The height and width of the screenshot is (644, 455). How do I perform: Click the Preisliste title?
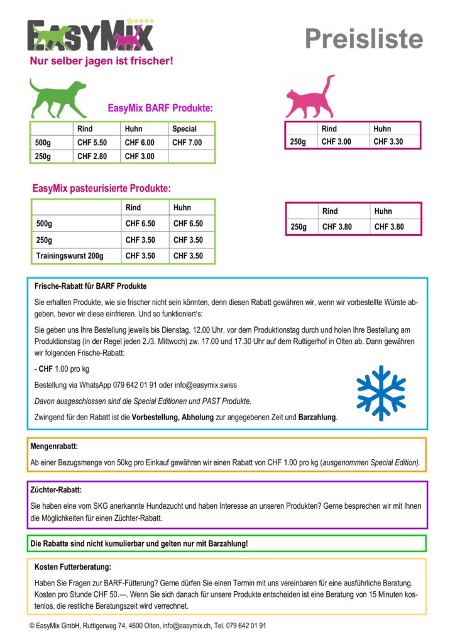click(x=364, y=38)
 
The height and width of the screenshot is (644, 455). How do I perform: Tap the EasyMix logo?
click(x=90, y=36)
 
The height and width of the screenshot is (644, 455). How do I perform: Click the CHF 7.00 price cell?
click(x=187, y=143)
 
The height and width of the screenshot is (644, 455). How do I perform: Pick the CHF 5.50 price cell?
click(x=92, y=143)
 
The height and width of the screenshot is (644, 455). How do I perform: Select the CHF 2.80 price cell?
click(x=92, y=156)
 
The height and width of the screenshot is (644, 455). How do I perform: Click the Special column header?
click(x=184, y=129)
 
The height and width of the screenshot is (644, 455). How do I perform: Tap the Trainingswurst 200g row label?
click(x=70, y=256)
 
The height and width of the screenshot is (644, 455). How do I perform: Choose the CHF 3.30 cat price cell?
click(x=388, y=142)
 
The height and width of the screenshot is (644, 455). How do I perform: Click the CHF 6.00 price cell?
click(x=140, y=143)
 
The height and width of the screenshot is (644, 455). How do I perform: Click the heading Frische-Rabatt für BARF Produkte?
click(x=90, y=287)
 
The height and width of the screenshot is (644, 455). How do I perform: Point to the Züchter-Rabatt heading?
click(x=56, y=489)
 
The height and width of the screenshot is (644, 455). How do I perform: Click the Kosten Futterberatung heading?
click(x=73, y=567)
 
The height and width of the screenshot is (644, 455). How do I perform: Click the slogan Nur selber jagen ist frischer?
click(x=101, y=61)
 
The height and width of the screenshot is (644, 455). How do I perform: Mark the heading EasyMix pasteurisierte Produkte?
click(x=102, y=188)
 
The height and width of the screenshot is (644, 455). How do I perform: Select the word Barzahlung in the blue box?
click(x=317, y=417)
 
